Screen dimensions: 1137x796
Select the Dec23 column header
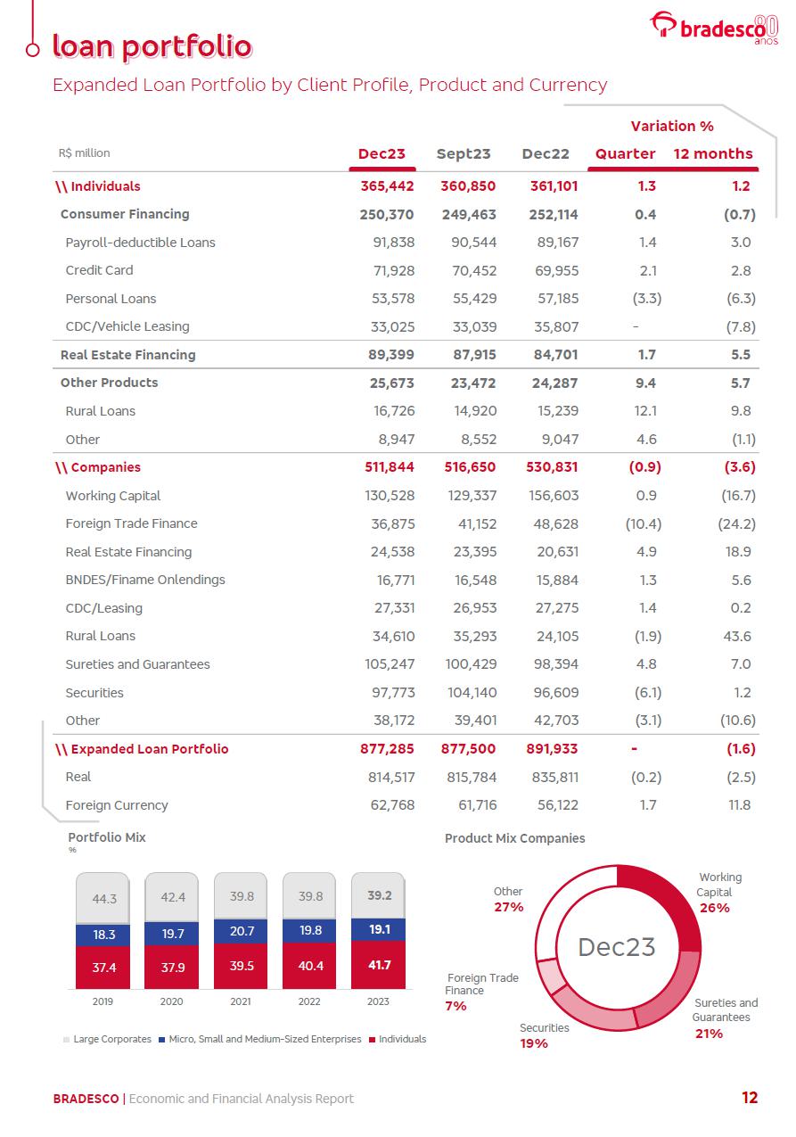(382, 153)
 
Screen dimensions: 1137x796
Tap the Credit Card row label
(99, 270)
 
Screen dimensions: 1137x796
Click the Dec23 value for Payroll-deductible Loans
(392, 243)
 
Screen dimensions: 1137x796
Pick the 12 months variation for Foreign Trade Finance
(736, 523)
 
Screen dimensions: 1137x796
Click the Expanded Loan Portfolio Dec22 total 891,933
(549, 749)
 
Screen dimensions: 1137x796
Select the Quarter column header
(625, 153)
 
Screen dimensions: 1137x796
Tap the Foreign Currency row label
(117, 805)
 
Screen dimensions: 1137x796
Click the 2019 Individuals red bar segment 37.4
(104, 967)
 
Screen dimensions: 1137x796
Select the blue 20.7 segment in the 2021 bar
(242, 930)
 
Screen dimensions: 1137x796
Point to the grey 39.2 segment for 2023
(380, 895)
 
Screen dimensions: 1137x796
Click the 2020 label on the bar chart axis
(172, 1001)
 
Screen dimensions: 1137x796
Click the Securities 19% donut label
(544, 1035)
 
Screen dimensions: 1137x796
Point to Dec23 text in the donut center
(616, 947)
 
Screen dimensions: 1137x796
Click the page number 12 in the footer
(750, 1098)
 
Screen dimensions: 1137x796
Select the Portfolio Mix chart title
(107, 837)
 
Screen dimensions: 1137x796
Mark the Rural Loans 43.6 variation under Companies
(738, 636)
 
